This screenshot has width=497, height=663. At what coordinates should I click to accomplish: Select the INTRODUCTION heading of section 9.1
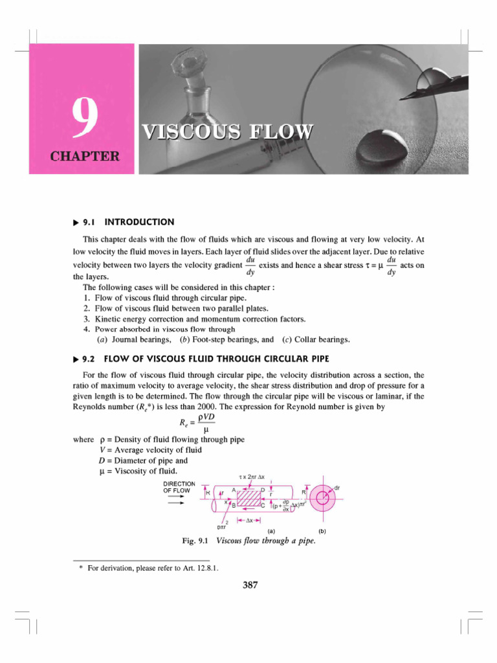click(139, 221)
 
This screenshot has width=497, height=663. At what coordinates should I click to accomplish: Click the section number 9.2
click(89, 358)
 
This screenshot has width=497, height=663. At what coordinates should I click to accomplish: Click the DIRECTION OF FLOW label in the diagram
click(176, 487)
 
